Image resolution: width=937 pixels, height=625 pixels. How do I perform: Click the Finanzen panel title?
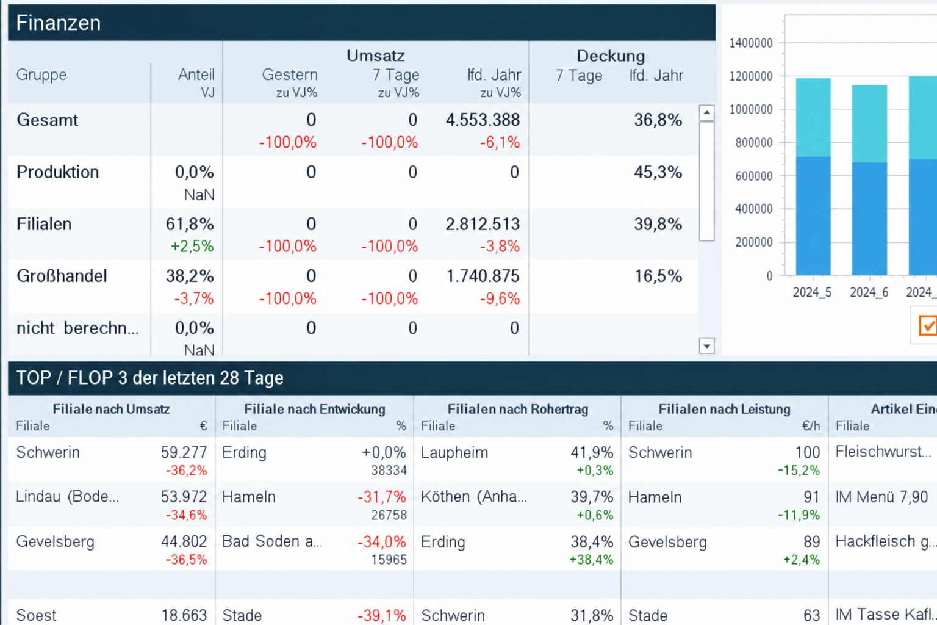tap(58, 23)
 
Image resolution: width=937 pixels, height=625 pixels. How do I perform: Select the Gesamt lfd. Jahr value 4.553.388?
tap(483, 120)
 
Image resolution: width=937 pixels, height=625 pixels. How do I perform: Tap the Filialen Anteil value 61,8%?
tap(190, 225)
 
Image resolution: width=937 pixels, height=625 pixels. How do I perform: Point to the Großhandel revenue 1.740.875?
tap(483, 276)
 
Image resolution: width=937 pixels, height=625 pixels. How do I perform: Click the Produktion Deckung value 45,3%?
tap(658, 173)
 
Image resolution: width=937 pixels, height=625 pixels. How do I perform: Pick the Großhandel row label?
tap(62, 276)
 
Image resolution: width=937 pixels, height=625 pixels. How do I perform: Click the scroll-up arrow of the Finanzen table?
tap(706, 112)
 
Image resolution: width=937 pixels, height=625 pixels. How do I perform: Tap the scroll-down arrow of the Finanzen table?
tap(706, 346)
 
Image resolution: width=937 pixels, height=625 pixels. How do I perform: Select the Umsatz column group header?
tap(376, 56)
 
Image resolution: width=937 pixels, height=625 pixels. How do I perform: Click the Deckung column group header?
tap(611, 56)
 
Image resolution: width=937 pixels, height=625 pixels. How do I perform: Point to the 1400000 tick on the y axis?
tap(751, 43)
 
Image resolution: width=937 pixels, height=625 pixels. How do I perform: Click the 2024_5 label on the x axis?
tap(812, 292)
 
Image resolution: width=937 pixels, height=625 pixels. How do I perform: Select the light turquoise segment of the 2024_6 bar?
tap(869, 124)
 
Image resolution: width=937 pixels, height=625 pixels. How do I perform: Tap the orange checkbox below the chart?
tap(928, 326)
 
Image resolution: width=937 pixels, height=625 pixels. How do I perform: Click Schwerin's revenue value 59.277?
tap(184, 452)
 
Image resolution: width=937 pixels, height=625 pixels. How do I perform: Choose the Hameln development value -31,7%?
tap(382, 497)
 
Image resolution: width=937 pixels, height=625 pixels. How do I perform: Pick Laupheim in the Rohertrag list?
tap(454, 453)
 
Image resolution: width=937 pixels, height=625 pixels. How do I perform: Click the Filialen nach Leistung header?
tap(725, 410)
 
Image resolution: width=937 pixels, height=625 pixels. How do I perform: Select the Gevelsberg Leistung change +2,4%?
tap(801, 560)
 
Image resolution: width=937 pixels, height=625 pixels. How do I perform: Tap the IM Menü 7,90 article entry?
tap(881, 497)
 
